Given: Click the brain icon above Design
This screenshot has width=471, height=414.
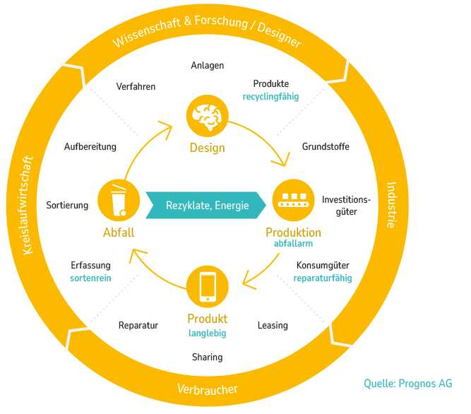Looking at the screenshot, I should tap(208, 117).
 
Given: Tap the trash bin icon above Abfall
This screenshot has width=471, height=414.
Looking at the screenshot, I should tap(119, 201).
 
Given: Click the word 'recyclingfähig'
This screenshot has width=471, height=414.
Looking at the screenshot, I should tap(270, 96).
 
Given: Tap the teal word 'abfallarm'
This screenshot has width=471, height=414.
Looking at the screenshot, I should tap(293, 244).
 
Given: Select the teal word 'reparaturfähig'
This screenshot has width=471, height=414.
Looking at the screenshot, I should tap(323, 278).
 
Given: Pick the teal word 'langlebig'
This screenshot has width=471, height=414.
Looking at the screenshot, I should tap(208, 333).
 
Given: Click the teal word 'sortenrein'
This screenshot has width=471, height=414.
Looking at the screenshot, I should tap(90, 278).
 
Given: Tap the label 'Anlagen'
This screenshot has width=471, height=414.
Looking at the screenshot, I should tap(208, 66).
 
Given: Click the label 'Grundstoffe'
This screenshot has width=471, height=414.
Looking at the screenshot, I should tap(326, 147).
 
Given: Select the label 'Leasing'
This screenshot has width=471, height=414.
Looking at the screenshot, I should tap(273, 326).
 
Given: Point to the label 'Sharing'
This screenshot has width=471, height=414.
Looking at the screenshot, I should tap(208, 357).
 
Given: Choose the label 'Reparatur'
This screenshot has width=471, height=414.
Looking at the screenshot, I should tap(138, 326).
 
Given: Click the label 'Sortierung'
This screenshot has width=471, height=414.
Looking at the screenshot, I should tap(67, 206).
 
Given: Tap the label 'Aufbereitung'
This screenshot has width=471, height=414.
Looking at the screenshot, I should tap(90, 147).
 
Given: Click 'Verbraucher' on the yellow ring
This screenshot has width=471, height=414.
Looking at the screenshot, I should tap(207, 389).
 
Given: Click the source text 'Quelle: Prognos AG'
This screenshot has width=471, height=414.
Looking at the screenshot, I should tap(408, 384).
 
